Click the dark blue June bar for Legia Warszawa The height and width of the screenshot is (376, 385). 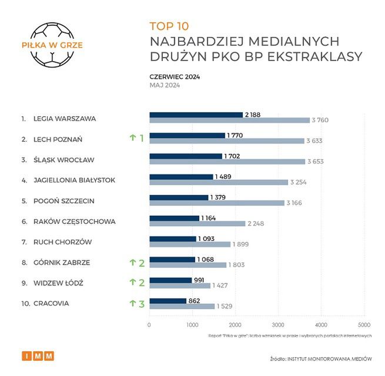coord(196,115)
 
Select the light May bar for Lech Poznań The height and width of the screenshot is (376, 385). coord(226,141)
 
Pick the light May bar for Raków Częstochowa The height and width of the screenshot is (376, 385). coord(197,223)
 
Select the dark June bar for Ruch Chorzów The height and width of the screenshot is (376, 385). coord(173,239)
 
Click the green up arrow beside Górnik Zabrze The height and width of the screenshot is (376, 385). coord(132,263)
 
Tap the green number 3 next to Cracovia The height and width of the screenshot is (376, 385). coord(141,304)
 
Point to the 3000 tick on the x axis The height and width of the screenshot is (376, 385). coord(278,325)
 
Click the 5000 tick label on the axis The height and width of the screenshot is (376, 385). coord(364,325)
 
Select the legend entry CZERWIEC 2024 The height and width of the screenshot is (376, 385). coord(175,76)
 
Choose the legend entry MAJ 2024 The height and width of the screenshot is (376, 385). coord(165,85)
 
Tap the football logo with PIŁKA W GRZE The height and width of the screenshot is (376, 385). coord(52,44)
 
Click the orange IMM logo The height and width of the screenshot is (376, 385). coord(38,356)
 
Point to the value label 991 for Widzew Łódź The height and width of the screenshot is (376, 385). coord(200,280)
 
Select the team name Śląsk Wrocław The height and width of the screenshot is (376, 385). coord(65,160)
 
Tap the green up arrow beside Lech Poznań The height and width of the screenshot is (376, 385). coord(132,139)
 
